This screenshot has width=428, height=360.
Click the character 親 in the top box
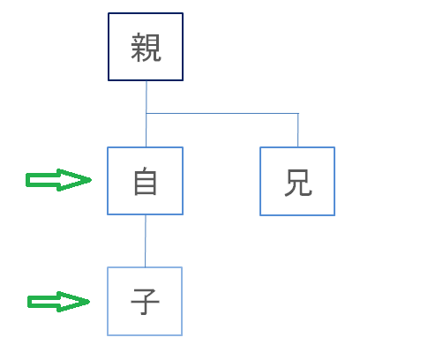146,48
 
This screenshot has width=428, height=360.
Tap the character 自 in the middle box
146,181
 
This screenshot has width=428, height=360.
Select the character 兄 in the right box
298,183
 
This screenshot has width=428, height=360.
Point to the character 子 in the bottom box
145,302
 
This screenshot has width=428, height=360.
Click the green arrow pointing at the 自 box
59,180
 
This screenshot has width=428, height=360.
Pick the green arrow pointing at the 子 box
58,302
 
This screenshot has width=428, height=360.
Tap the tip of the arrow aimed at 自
92,180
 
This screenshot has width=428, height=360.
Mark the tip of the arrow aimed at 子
90,302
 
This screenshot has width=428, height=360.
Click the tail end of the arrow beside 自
26,180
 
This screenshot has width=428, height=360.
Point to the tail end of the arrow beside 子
28,302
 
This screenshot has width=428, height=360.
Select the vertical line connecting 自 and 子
146,241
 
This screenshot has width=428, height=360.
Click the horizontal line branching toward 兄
222,113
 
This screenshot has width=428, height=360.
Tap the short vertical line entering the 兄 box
298,130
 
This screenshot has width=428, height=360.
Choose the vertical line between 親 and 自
146,114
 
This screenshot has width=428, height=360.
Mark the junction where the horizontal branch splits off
146,113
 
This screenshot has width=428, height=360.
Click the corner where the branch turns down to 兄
298,113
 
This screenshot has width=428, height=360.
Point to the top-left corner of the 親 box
109,13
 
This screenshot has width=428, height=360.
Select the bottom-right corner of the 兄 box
334,215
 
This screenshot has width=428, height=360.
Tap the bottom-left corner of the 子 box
108,335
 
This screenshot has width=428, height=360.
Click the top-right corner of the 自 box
183,147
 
